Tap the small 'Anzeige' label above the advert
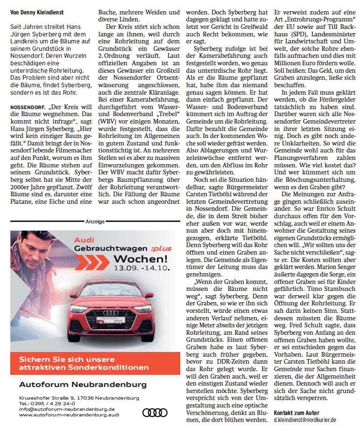95,221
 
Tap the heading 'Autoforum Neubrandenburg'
83,385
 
